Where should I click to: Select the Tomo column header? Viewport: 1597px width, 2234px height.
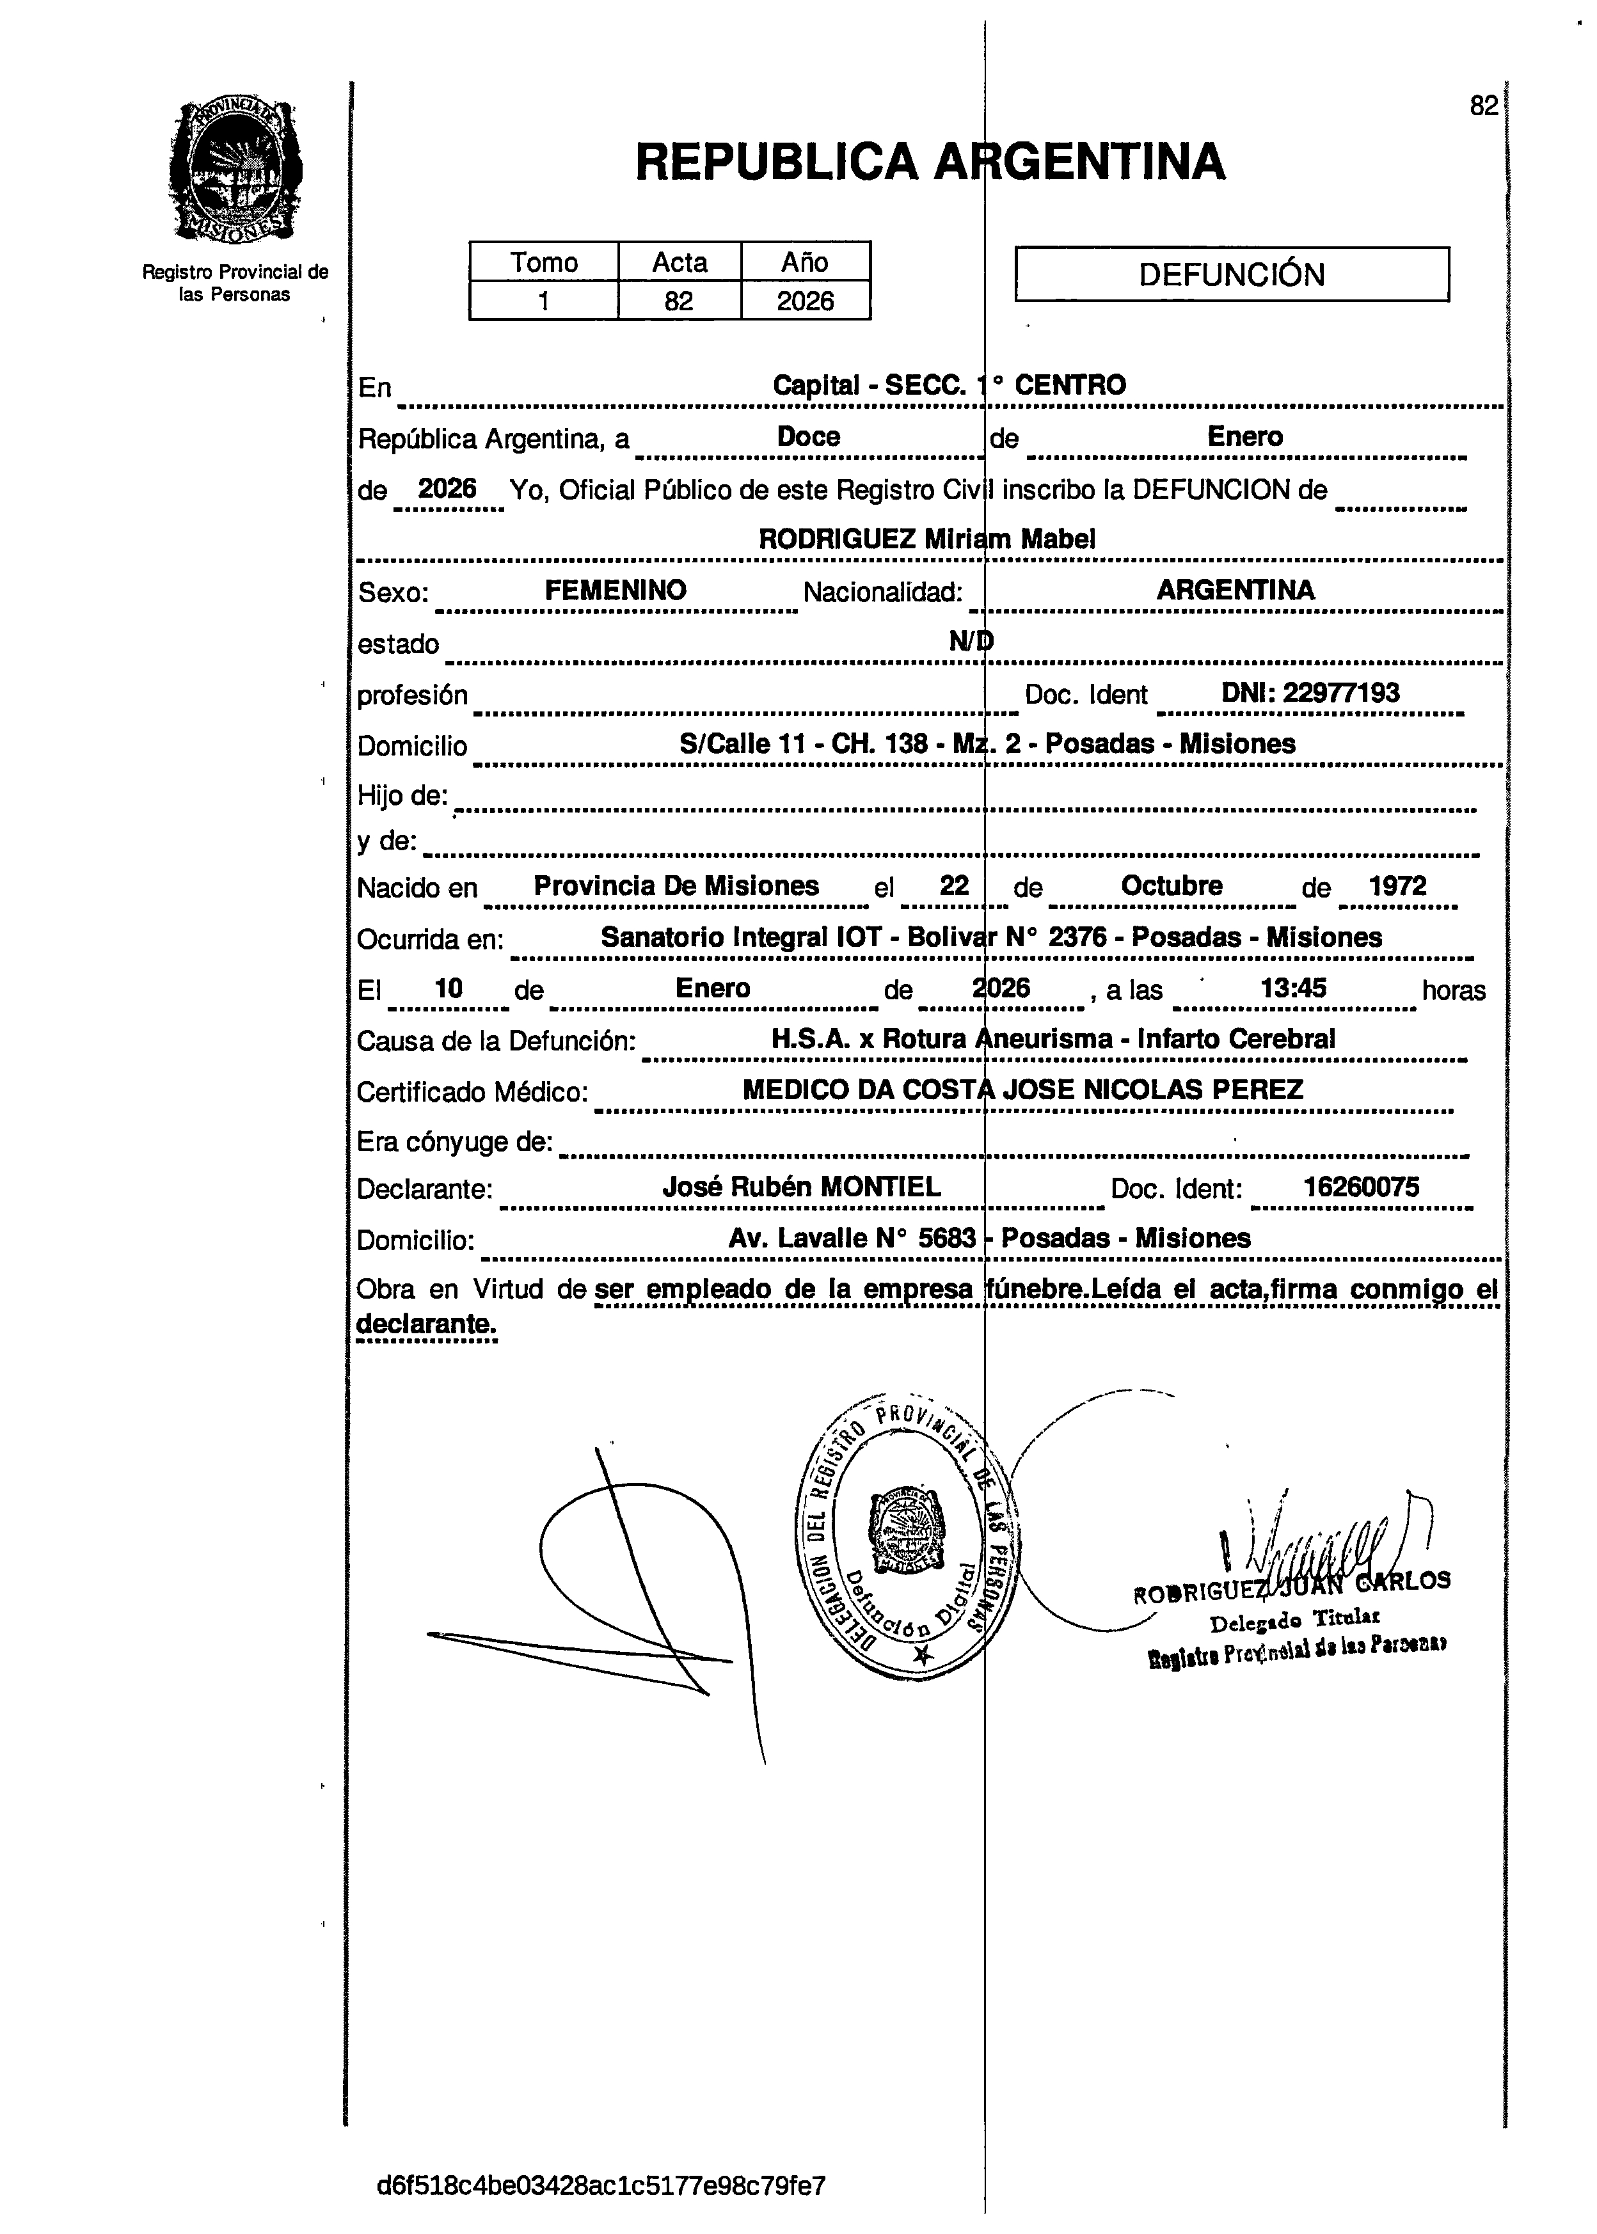[544, 262]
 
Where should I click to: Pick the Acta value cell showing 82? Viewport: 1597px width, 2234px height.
[678, 301]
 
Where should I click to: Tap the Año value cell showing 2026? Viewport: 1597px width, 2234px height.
[806, 301]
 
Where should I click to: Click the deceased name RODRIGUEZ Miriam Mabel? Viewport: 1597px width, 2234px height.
[926, 539]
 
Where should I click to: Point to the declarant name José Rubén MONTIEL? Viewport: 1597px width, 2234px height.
[802, 1187]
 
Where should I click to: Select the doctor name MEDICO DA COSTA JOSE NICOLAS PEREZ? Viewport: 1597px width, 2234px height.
[1022, 1089]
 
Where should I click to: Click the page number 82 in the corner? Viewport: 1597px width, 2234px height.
[1483, 106]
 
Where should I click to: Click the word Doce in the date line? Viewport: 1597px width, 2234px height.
[808, 436]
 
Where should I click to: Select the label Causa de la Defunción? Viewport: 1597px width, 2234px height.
[497, 1040]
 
